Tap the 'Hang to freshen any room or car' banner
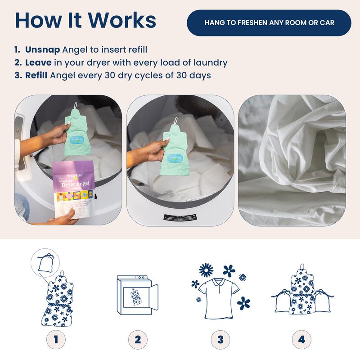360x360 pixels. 269,22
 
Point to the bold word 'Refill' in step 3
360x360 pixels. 37,75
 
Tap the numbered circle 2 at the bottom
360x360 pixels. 138,338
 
